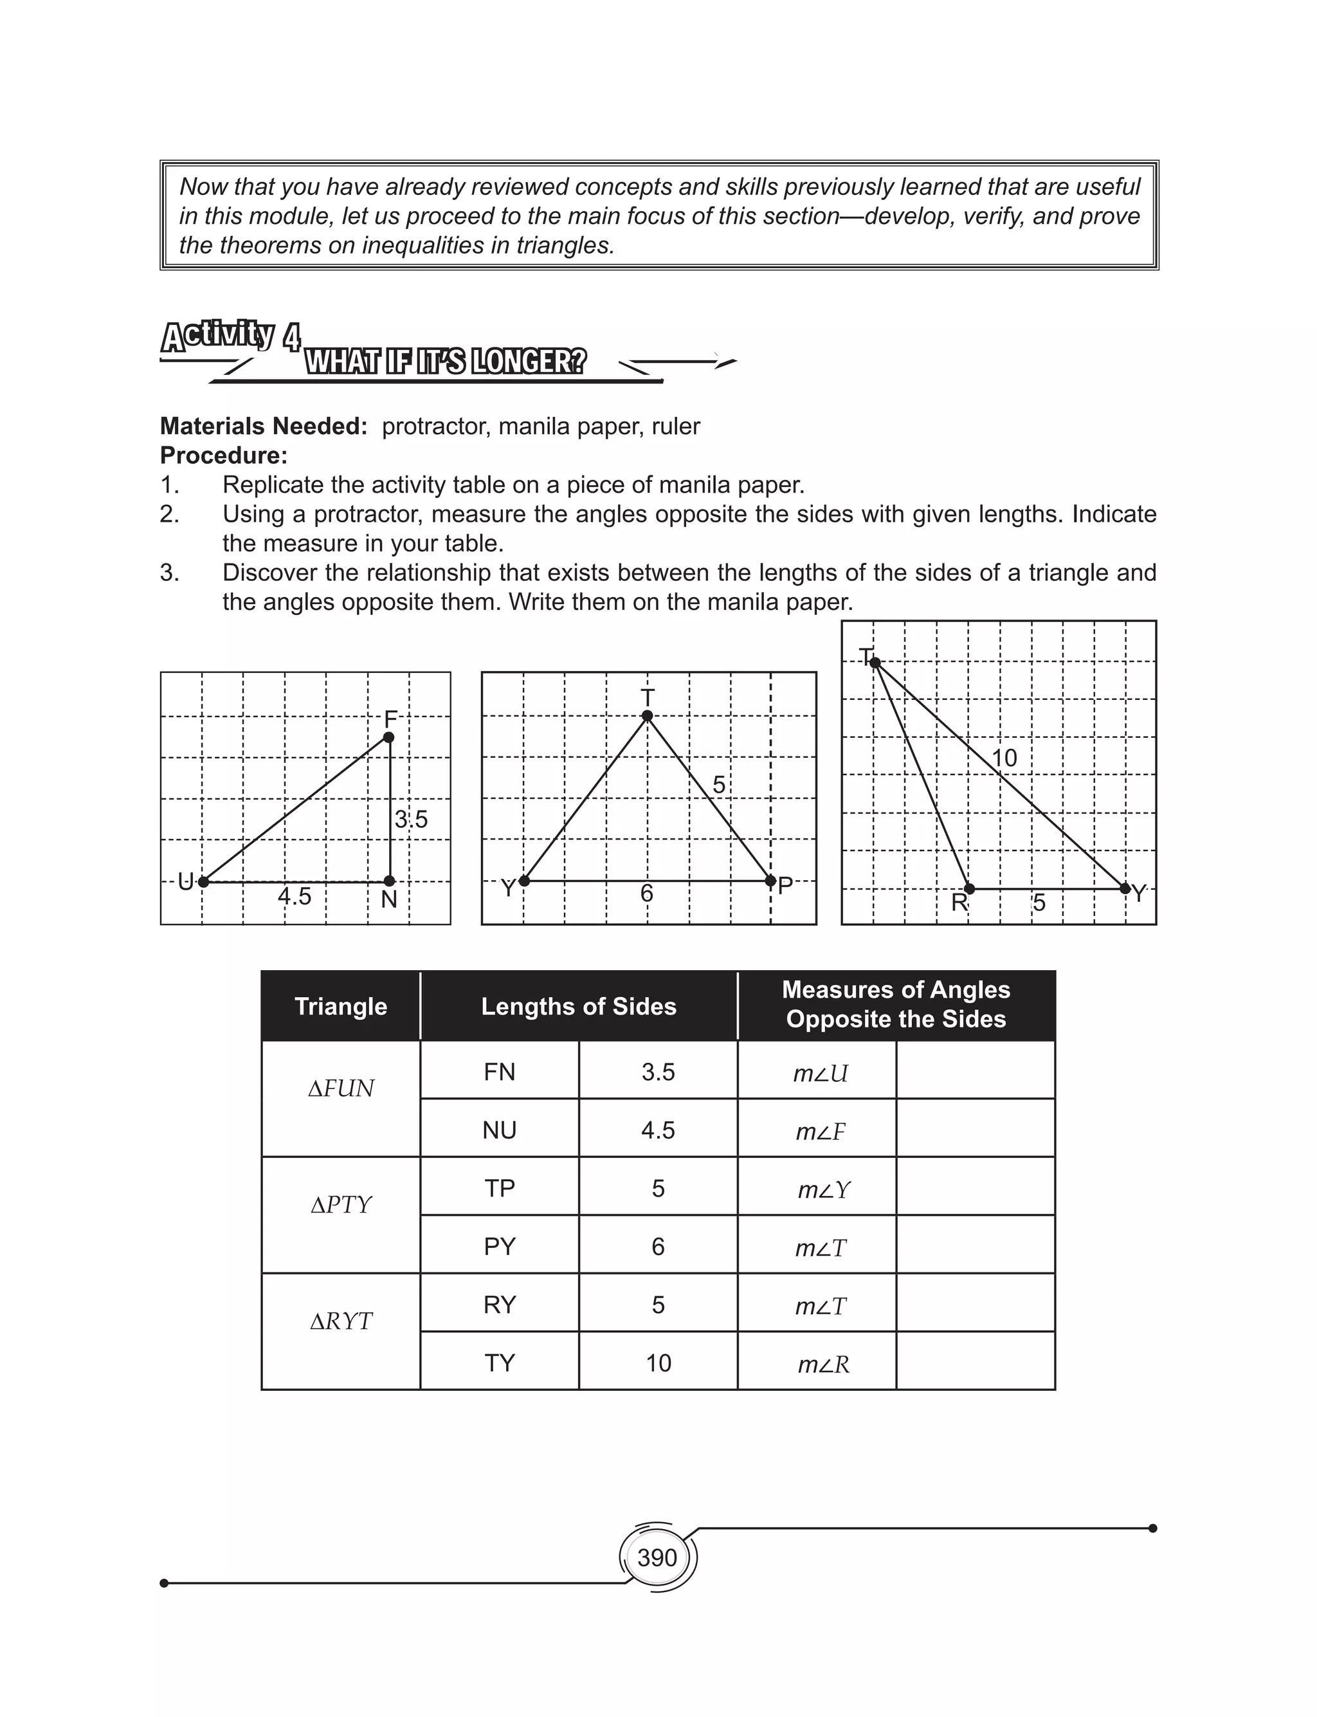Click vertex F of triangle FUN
click(x=389, y=737)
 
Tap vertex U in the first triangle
click(x=203, y=882)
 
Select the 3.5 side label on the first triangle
click(x=411, y=820)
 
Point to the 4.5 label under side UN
click(x=295, y=896)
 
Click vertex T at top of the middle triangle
click(x=648, y=715)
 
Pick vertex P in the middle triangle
click(x=770, y=881)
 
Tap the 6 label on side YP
click(x=647, y=894)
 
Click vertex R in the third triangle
click(x=970, y=888)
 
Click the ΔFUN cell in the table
click(x=341, y=1088)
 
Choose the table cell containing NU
click(x=500, y=1130)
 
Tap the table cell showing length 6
click(x=658, y=1247)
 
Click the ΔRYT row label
click(x=341, y=1322)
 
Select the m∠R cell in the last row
click(x=823, y=1364)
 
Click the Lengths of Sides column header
click(x=579, y=1007)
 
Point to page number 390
click(x=657, y=1557)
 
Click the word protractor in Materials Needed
click(x=436, y=427)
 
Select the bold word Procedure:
click(x=223, y=455)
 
